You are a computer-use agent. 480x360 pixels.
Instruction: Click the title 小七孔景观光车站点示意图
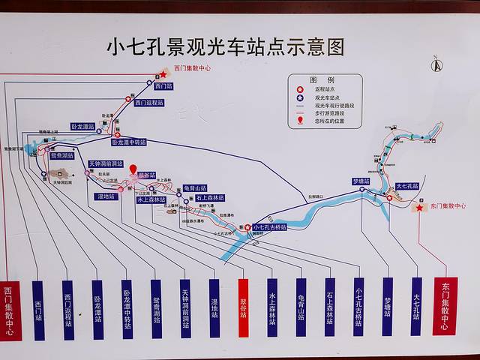225,47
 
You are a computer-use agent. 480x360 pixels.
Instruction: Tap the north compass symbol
433,64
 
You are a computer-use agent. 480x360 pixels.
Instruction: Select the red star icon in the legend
299,88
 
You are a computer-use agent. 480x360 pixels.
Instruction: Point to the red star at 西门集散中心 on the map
163,74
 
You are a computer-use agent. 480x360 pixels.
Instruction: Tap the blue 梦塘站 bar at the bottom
387,307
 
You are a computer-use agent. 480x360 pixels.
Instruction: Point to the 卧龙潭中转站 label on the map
129,142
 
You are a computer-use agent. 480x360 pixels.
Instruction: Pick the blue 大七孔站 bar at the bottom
415,307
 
